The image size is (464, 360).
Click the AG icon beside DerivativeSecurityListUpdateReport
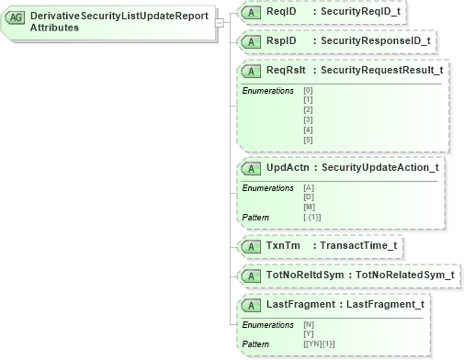(17, 17)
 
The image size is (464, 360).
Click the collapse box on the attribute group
(220, 24)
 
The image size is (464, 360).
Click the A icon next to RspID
(248, 41)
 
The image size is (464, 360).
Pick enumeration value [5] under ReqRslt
(308, 140)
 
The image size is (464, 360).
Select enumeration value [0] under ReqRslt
(308, 90)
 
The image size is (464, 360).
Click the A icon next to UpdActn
(248, 169)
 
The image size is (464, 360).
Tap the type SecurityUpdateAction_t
(379, 169)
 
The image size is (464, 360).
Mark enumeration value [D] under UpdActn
(309, 197)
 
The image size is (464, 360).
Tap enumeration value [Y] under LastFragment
(308, 332)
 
